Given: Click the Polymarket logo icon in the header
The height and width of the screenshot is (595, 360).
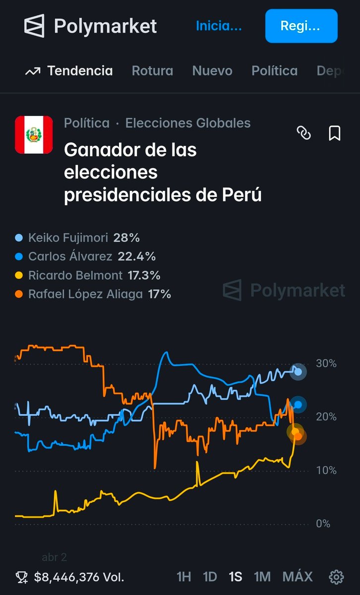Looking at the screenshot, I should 34,26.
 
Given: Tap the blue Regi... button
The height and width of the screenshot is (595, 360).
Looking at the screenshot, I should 301,26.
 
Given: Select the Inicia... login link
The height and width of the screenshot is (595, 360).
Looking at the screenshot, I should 219,26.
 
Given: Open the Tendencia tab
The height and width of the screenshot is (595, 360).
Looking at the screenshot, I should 69,71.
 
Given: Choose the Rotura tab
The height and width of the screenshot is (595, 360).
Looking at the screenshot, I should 152,71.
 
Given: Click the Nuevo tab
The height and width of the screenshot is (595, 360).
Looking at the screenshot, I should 212,71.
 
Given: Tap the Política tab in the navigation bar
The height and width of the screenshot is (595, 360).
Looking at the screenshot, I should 274,71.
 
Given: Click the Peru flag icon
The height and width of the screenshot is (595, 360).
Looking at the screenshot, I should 34,135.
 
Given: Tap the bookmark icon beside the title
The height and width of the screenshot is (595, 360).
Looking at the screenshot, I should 335,133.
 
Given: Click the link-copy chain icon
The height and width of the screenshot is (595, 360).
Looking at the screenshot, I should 303,133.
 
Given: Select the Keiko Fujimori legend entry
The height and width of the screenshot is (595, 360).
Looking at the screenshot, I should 68,238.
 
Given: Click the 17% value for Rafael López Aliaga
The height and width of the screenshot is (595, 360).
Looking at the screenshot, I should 159,294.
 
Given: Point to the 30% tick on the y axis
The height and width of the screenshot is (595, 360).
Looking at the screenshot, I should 326,363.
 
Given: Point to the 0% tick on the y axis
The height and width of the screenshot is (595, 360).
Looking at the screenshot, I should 323,524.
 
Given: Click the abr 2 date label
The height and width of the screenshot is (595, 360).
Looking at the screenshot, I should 54,557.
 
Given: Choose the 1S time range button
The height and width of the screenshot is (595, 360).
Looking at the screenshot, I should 235,577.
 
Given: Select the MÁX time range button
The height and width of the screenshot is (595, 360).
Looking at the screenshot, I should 298,577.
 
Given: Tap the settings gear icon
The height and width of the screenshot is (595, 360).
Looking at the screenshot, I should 336,577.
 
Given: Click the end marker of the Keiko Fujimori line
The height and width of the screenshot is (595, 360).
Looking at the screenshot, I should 298,371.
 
